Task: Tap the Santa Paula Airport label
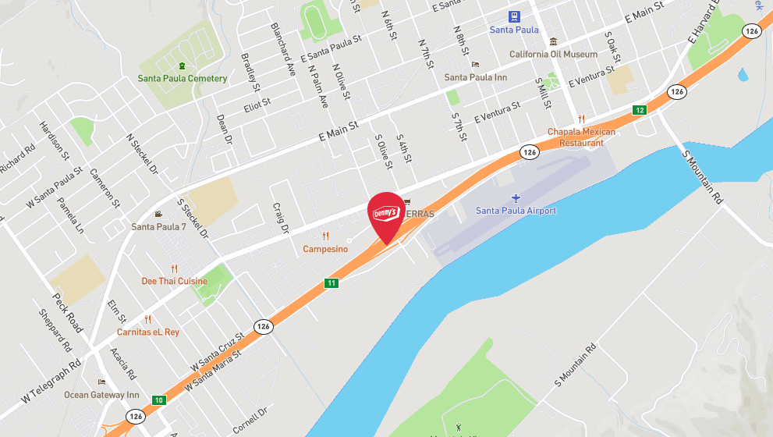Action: pyautogui.click(x=516, y=211)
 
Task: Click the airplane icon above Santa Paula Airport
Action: pyautogui.click(x=516, y=197)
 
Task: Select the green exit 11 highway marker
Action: pyautogui.click(x=332, y=282)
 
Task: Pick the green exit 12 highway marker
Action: pyautogui.click(x=640, y=110)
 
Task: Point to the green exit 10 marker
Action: pyautogui.click(x=159, y=400)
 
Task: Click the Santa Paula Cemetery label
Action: pyautogui.click(x=183, y=78)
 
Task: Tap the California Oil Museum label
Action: pyautogui.click(x=554, y=55)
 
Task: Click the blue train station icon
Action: pyautogui.click(x=514, y=16)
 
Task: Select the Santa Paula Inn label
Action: pyautogui.click(x=476, y=77)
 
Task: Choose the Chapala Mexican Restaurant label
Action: pyautogui.click(x=581, y=137)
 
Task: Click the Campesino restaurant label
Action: pyautogui.click(x=325, y=249)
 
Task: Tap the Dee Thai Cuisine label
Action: pyautogui.click(x=174, y=281)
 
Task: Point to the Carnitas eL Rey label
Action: pyautogui.click(x=149, y=332)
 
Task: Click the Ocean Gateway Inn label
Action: pyautogui.click(x=101, y=395)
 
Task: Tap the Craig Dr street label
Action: pyautogui.click(x=281, y=218)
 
